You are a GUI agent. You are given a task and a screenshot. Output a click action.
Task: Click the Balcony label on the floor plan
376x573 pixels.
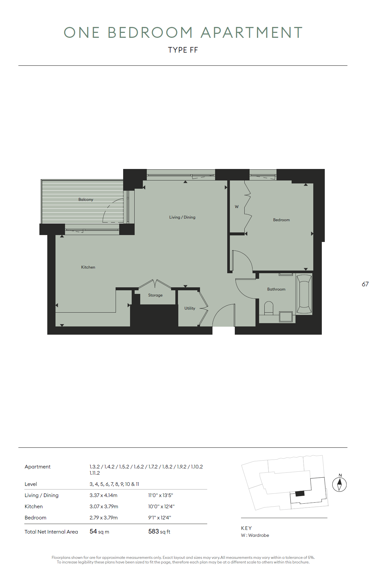[86, 200]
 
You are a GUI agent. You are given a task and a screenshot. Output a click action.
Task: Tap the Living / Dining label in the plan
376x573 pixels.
[182, 217]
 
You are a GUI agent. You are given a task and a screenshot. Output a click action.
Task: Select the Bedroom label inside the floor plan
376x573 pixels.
[281, 220]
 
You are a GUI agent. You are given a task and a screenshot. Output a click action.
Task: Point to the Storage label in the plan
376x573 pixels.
[155, 295]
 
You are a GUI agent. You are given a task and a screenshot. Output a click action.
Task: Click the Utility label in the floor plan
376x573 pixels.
[190, 308]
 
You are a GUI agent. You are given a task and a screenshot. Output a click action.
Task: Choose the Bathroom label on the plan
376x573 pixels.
[276, 289]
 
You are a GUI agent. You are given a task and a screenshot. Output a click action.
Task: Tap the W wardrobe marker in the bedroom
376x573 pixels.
[237, 207]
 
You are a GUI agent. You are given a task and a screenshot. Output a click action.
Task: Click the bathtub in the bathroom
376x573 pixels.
[304, 295]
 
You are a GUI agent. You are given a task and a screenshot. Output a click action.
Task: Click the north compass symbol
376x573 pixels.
[340, 484]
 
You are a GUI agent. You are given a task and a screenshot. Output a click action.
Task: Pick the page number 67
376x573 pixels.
[365, 284]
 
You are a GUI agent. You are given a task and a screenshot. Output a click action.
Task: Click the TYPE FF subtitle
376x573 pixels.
[183, 50]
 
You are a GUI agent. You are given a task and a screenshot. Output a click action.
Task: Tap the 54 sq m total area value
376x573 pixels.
[99, 532]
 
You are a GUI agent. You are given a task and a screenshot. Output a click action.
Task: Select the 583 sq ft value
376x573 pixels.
[159, 532]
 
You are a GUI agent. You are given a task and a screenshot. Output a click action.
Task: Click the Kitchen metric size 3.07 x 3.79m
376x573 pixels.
[104, 507]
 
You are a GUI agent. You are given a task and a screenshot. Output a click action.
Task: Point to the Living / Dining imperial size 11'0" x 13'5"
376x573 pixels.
[161, 495]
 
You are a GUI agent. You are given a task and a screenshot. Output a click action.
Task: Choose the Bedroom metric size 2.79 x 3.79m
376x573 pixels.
[103, 518]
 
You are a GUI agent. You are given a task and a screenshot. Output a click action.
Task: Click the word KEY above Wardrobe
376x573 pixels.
[246, 528]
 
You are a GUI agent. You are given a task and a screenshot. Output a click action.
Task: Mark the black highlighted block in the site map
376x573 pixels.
[300, 493]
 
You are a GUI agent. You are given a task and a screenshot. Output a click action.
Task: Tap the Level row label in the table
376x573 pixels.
[31, 484]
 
